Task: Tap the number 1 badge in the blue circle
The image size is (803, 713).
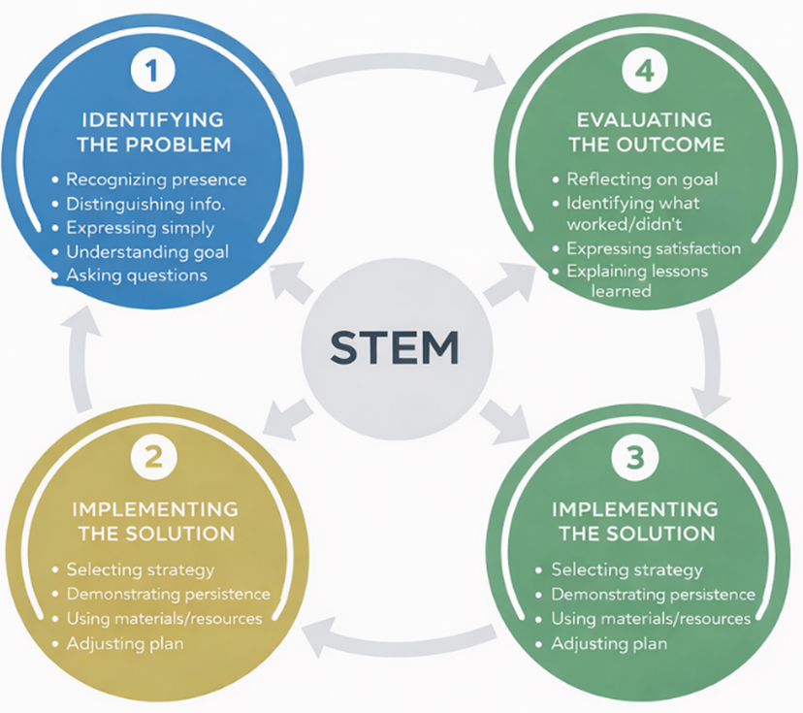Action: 152,72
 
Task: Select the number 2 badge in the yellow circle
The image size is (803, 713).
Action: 152,457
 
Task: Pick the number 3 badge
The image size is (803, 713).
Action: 635,457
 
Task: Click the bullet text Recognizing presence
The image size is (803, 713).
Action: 155,179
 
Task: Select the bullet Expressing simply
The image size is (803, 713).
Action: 140,228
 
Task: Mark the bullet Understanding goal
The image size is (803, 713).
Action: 147,252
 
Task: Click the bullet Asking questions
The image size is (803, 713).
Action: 137,275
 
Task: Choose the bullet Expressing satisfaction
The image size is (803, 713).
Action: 654,249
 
